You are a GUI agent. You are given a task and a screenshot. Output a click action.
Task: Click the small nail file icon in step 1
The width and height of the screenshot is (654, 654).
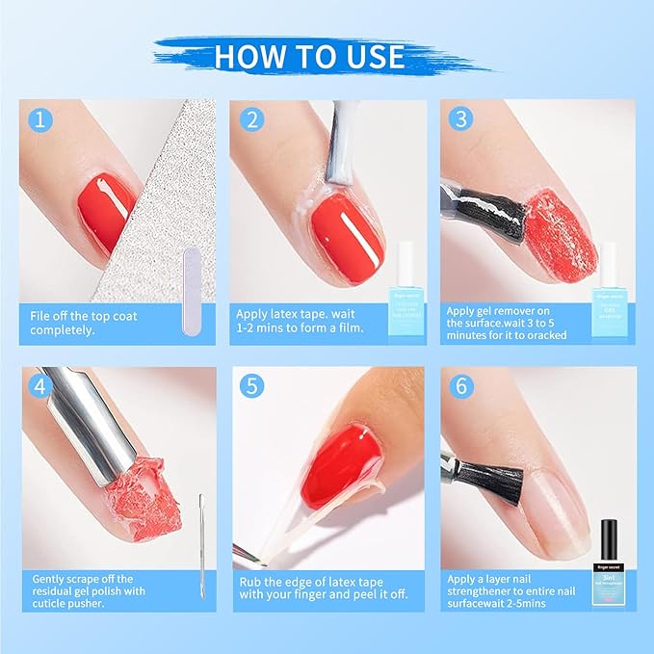point(191,289)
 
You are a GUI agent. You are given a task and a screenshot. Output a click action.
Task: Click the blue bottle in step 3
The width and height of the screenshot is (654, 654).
point(609,279)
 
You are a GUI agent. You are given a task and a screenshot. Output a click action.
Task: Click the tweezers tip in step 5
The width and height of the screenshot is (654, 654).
point(246,556)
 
